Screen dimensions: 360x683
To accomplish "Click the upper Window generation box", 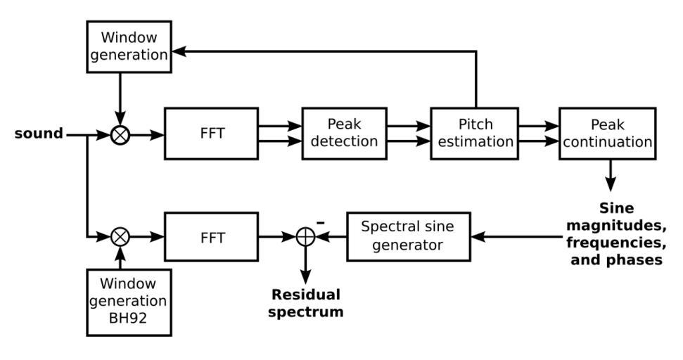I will point(129,46).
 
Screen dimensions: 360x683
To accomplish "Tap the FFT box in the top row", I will point(211,134).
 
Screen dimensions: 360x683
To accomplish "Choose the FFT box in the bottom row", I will point(211,237).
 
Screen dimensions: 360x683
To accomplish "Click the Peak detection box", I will point(344,133).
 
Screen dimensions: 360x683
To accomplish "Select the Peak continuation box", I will point(607,133).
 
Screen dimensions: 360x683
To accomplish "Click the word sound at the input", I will point(39,133).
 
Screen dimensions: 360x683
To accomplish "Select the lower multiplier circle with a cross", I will point(120,237).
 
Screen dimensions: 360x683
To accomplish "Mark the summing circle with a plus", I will point(305,238).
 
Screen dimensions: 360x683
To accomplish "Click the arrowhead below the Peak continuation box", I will point(610,185).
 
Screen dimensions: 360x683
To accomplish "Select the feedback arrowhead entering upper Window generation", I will point(179,51).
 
